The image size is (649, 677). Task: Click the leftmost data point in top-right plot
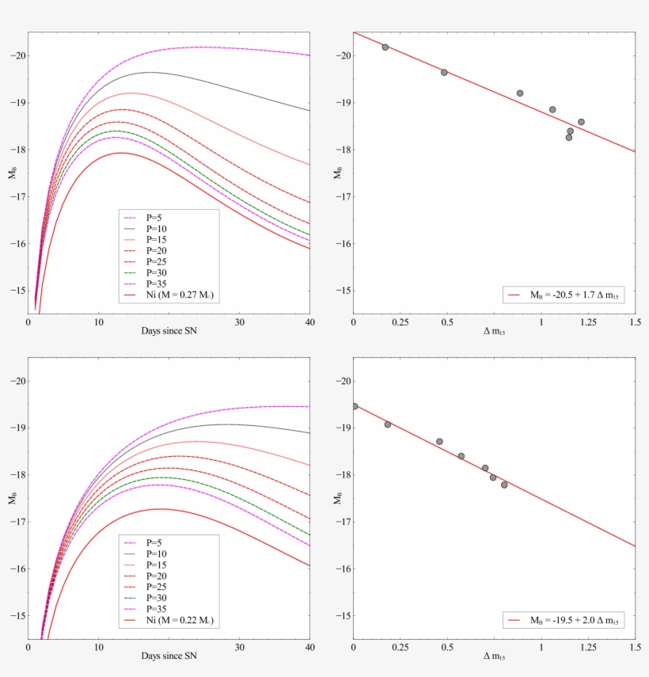click(x=385, y=48)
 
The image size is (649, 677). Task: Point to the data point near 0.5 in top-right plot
click(x=444, y=72)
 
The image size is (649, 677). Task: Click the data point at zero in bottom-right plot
click(x=355, y=406)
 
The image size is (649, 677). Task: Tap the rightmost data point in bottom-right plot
click(x=504, y=485)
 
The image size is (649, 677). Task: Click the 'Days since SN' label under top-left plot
click(x=169, y=332)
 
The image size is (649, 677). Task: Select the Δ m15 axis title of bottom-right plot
click(x=494, y=657)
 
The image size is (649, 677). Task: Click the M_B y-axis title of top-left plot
click(x=11, y=173)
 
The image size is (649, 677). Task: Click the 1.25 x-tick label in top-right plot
click(x=588, y=322)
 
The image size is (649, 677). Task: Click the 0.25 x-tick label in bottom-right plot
click(x=401, y=648)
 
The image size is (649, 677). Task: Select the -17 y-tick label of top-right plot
click(x=342, y=196)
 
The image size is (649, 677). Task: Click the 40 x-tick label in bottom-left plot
click(x=309, y=648)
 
